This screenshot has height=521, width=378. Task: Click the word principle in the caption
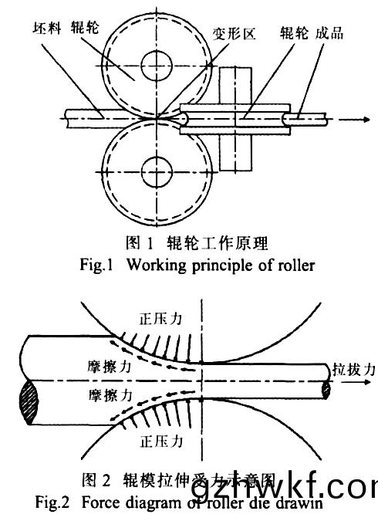211,265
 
